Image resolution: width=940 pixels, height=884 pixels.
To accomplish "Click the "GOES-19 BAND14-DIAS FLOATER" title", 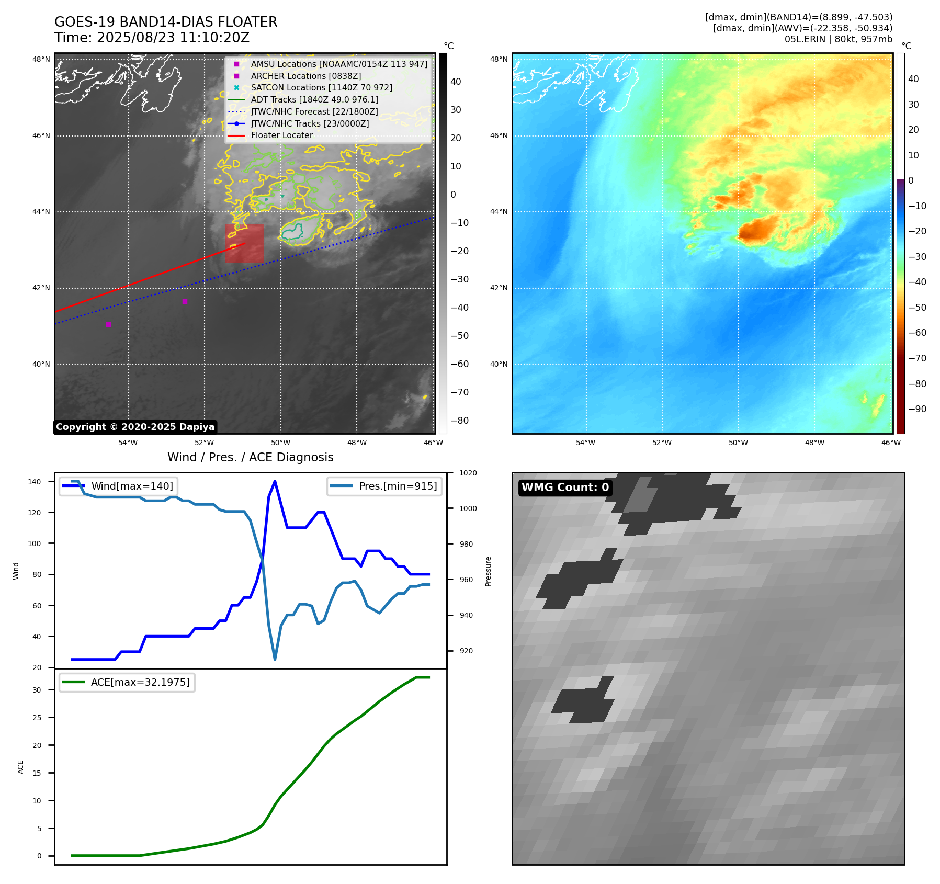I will tap(166, 22).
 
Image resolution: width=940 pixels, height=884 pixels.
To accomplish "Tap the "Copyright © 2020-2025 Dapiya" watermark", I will tap(135, 427).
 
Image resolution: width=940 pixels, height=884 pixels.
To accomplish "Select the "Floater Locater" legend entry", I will tap(281, 135).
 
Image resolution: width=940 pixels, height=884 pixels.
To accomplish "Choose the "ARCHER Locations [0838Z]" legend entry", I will tap(305, 76).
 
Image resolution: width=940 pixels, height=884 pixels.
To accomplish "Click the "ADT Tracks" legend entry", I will tap(314, 99).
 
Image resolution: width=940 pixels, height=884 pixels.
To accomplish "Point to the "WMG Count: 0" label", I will tap(565, 488).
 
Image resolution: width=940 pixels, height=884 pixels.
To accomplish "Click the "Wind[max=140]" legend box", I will tap(118, 486).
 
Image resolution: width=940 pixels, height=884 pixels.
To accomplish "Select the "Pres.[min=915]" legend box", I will tap(384, 486).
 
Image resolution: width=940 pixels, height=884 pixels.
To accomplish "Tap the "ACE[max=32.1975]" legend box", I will tap(127, 682).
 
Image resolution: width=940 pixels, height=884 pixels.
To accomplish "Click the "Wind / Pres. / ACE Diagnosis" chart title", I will tap(250, 457).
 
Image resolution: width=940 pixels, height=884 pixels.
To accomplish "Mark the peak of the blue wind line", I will tap(275, 481).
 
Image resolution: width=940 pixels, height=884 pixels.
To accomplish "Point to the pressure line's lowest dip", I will tap(275, 659).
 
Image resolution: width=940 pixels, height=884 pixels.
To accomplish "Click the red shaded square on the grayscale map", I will tap(244, 243).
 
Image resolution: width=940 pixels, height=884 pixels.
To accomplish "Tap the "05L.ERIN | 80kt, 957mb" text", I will tap(838, 39).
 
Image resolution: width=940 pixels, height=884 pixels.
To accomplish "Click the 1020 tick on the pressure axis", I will tap(468, 473).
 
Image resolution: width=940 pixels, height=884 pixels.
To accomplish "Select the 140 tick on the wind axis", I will tap(35, 482).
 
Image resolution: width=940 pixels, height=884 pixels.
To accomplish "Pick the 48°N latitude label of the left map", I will tap(41, 59).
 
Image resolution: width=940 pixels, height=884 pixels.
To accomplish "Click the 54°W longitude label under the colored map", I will tap(585, 443).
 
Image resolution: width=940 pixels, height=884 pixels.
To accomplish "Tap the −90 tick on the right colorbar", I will tap(917, 409).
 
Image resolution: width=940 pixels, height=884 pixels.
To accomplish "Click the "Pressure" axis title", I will tap(488, 571).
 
